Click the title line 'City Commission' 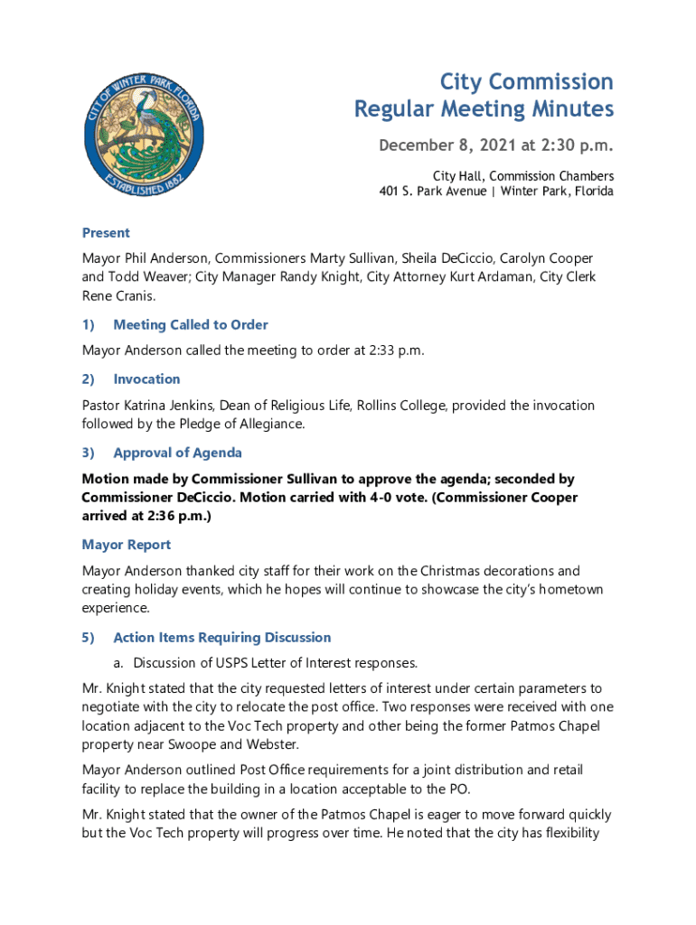click(x=526, y=82)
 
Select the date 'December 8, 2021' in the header click(x=441, y=145)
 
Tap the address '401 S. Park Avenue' click(x=432, y=192)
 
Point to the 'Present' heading click(x=106, y=232)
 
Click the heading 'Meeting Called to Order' click(x=191, y=324)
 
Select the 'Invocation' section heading click(x=146, y=378)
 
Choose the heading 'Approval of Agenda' click(x=177, y=453)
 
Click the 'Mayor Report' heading click(x=126, y=545)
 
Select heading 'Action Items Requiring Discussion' click(x=221, y=637)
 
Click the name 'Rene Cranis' click(x=118, y=295)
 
